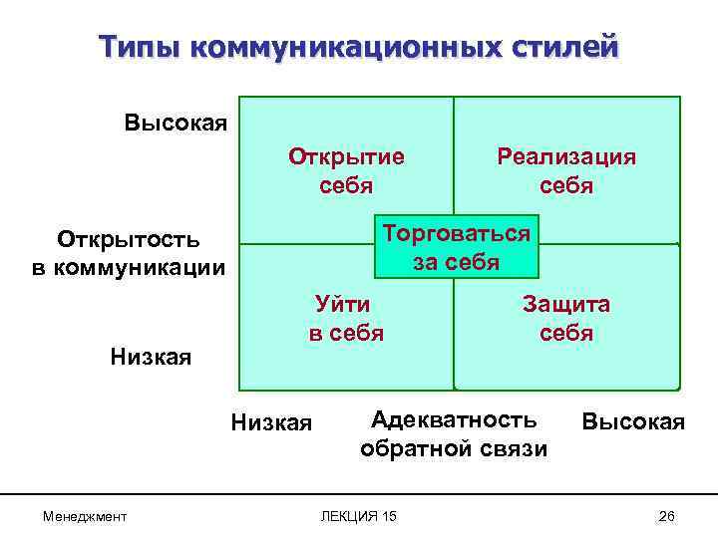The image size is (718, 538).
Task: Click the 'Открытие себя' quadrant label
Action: [x=346, y=171]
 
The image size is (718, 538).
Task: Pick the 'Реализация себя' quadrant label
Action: [x=566, y=171]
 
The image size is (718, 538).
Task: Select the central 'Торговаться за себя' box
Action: [x=456, y=247]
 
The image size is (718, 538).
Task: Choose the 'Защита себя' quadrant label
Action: [x=566, y=319]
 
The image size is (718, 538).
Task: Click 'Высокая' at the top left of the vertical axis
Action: [x=177, y=124]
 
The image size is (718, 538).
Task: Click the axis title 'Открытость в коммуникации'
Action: [x=129, y=254]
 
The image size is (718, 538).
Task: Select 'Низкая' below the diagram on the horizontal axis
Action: [x=271, y=423]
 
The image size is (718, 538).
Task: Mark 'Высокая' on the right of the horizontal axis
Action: [x=633, y=421]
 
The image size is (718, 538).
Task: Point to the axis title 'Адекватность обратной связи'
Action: [x=454, y=433]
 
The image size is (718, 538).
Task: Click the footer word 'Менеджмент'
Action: [x=85, y=514]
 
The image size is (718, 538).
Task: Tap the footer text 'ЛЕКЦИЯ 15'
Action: [x=358, y=514]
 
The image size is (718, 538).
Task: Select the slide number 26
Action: [x=667, y=514]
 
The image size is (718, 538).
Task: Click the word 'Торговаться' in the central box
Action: [x=456, y=234]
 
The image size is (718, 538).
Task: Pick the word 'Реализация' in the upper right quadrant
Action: [x=566, y=157]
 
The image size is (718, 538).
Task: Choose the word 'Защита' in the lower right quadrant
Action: [x=566, y=305]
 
